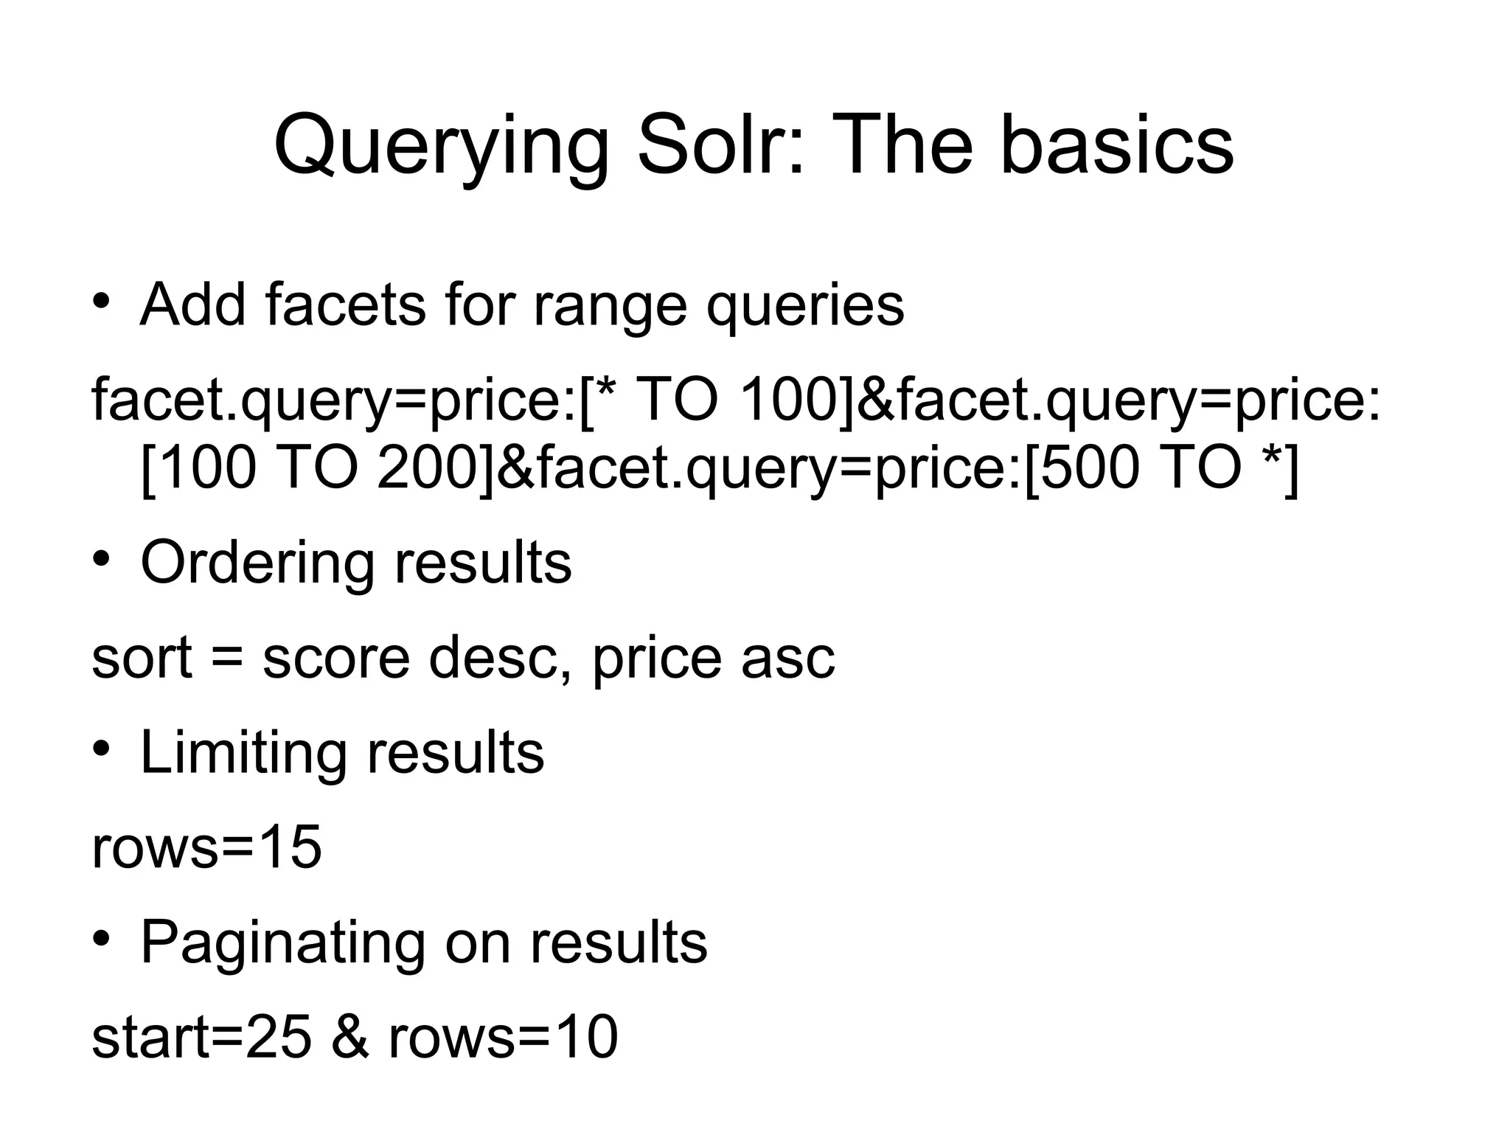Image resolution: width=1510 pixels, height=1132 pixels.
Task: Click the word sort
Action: click(142, 657)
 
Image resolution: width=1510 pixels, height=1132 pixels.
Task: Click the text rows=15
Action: click(206, 847)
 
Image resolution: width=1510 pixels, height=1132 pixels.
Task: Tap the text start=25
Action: click(201, 1038)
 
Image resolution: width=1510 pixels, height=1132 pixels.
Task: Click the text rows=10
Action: click(503, 1038)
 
